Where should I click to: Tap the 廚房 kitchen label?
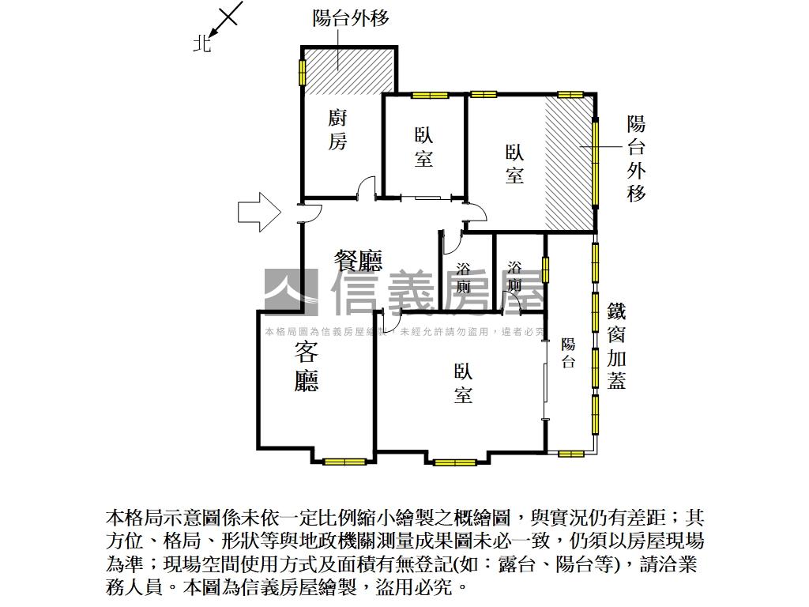337,130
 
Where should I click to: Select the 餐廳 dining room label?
358,260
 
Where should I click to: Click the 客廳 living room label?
306,368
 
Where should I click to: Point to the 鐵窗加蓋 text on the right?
617,345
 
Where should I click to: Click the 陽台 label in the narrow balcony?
568,353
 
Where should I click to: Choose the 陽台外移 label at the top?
351,18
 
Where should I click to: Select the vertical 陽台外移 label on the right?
636,158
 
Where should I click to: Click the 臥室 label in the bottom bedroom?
464,383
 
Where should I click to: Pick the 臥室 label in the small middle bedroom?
423,148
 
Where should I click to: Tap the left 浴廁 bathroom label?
464,277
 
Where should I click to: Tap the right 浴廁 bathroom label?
515,276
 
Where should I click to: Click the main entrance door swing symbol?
312,213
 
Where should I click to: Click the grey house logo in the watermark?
291,292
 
